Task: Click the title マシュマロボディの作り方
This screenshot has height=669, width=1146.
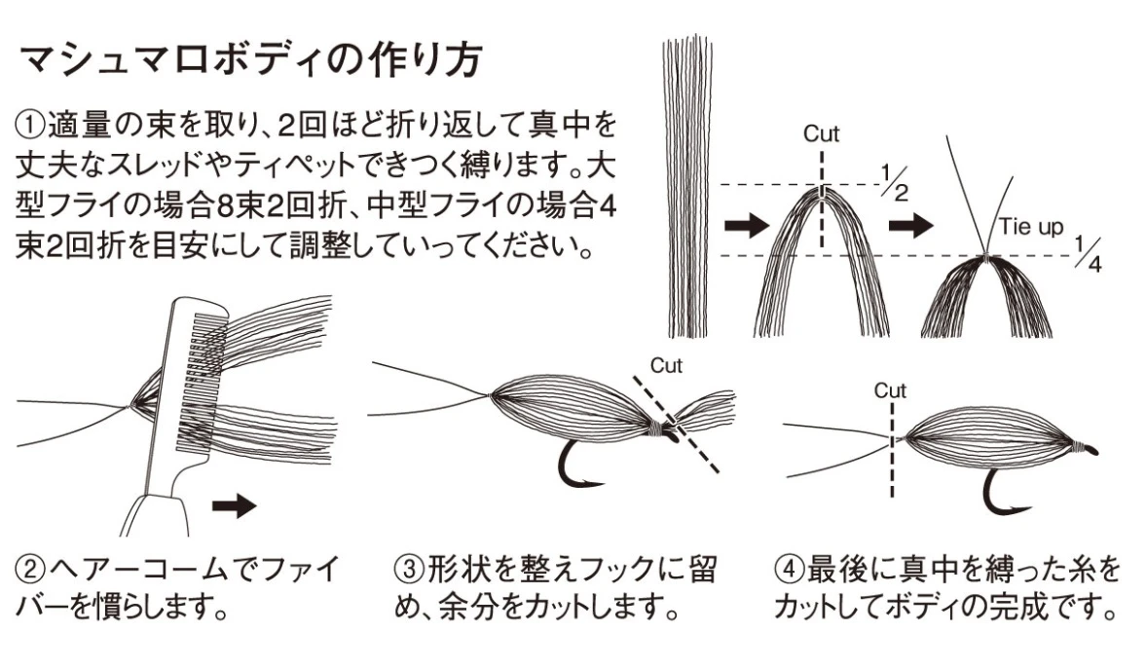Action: pyautogui.click(x=250, y=60)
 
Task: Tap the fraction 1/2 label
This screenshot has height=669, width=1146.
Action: pyautogui.click(x=893, y=182)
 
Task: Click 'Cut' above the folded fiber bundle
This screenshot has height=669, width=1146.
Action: pyautogui.click(x=821, y=134)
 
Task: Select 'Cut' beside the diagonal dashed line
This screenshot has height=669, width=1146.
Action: pyautogui.click(x=667, y=366)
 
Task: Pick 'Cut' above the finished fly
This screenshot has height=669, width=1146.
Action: pyautogui.click(x=890, y=390)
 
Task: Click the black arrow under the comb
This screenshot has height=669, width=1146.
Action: pyautogui.click(x=234, y=505)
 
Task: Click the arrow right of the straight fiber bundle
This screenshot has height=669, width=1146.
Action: pyautogui.click(x=745, y=226)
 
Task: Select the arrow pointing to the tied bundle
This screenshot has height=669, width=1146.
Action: pyautogui.click(x=911, y=226)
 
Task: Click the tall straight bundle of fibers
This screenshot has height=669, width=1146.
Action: pyautogui.click(x=685, y=185)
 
